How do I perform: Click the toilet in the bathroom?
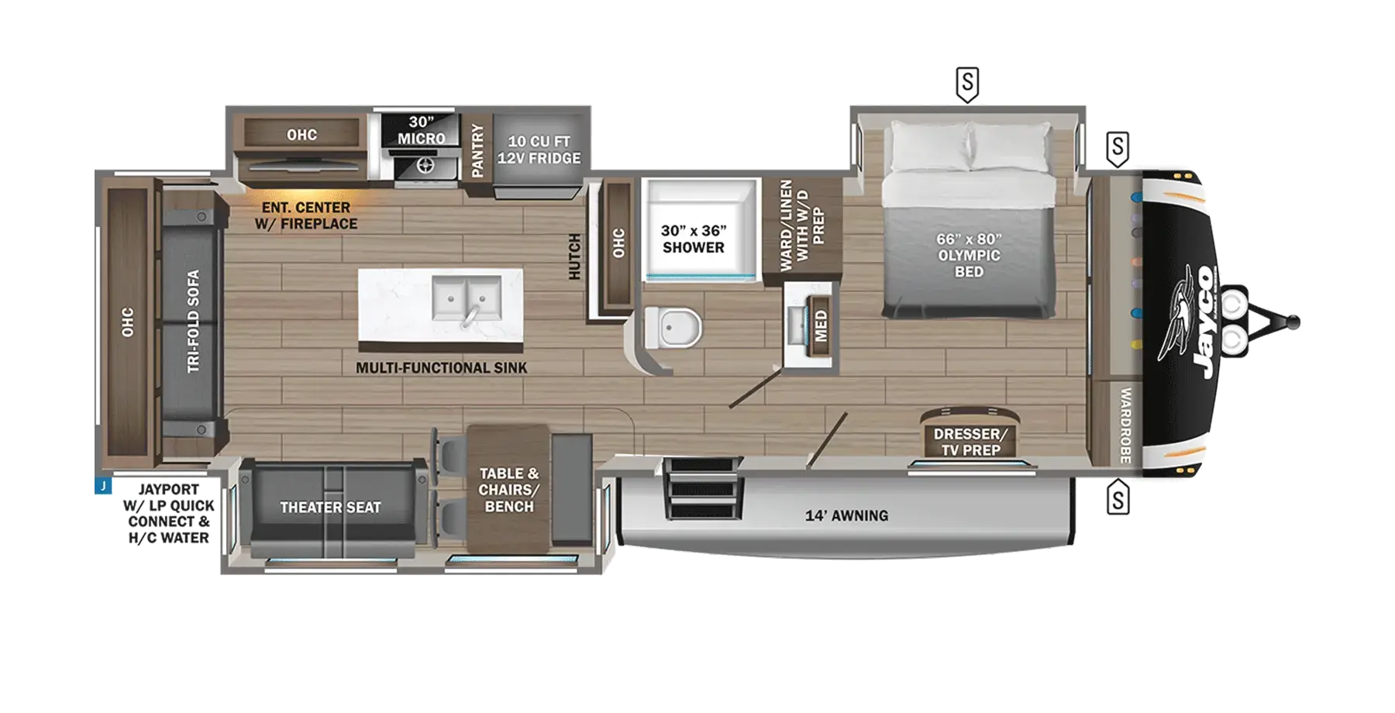[673, 327]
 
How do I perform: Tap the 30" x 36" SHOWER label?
[693, 239]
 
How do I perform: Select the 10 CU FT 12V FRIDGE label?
[539, 150]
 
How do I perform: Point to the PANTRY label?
[477, 151]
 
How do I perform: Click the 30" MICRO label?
[421, 130]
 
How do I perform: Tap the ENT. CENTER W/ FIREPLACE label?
[306, 215]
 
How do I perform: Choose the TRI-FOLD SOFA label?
[193, 321]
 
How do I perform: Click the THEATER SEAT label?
[330, 508]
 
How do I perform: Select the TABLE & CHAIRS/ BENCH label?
[508, 490]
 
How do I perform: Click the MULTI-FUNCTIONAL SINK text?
[441, 368]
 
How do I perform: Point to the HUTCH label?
[574, 257]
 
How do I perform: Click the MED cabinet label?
[821, 325]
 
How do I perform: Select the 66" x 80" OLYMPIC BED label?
[969, 255]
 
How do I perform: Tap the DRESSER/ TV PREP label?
[970, 442]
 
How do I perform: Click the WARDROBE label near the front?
[1125, 425]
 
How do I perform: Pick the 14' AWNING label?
[846, 515]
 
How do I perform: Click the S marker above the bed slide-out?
[967, 84]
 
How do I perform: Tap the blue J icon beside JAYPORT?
[103, 486]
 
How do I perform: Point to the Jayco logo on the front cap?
[1190, 320]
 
